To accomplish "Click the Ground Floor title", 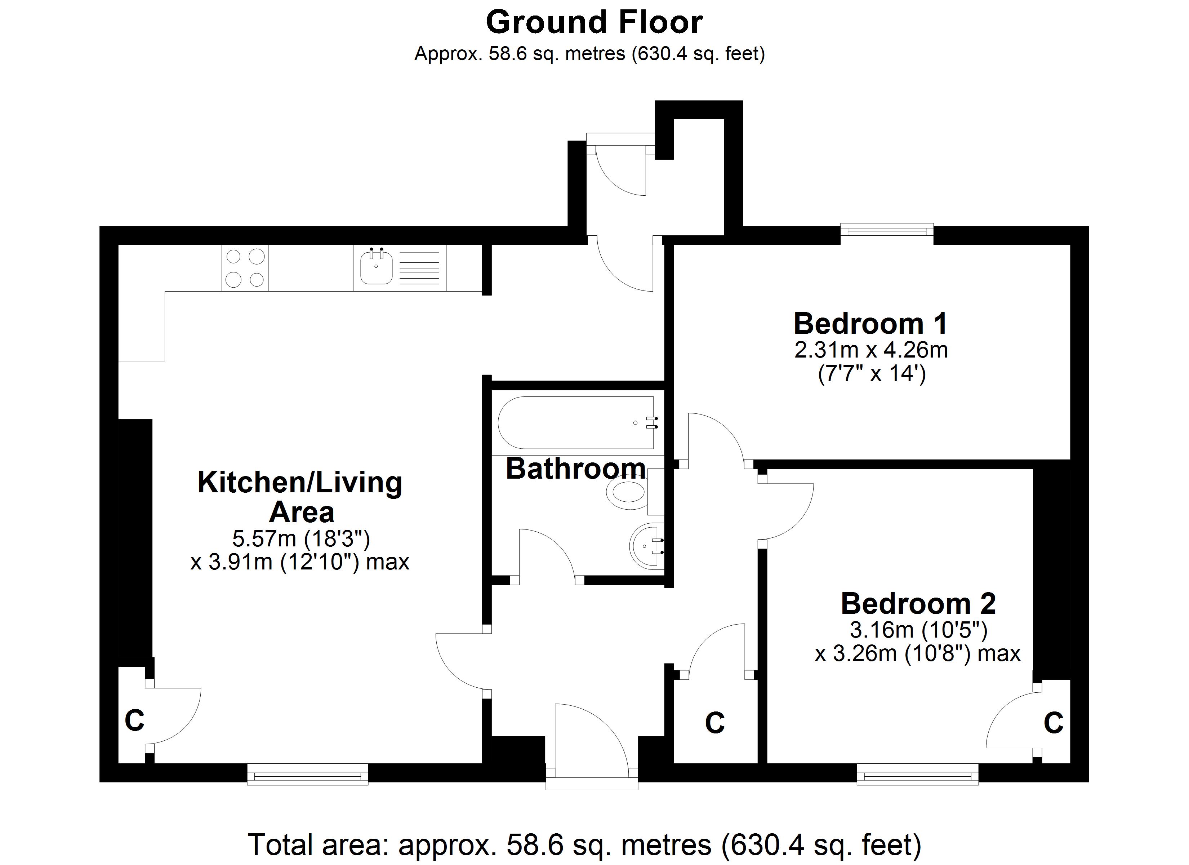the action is (594, 23).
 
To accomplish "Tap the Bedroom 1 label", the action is (871, 323).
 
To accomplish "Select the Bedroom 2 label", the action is (918, 603).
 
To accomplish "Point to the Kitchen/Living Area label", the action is (300, 497).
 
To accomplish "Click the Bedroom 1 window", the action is (887, 234).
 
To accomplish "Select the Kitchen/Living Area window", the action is (308, 774).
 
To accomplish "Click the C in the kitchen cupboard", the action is (135, 721).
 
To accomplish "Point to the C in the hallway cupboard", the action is (715, 723).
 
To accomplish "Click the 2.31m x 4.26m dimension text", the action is (871, 350).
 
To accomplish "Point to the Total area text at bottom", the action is (584, 844).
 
